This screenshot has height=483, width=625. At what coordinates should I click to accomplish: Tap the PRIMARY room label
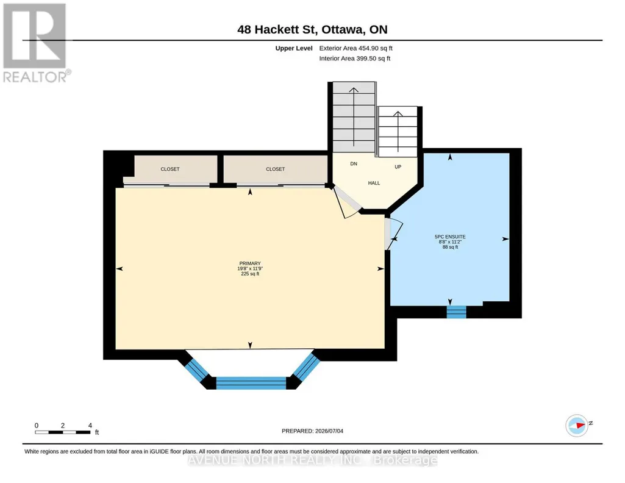(250, 263)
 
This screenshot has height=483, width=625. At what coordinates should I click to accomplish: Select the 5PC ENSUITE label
(450, 237)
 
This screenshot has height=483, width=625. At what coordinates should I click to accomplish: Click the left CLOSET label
(170, 169)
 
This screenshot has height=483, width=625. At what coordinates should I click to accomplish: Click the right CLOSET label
(276, 169)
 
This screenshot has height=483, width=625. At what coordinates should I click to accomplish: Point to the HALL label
(374, 183)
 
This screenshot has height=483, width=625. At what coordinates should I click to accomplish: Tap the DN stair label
(354, 164)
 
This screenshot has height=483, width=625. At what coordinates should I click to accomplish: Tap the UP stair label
(398, 167)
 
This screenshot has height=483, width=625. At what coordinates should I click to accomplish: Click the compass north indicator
(577, 426)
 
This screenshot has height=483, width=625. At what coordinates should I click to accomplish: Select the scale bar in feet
(63, 432)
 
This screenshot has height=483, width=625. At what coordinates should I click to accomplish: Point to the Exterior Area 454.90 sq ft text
(355, 48)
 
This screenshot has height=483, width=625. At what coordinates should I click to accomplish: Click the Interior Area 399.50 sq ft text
(355, 59)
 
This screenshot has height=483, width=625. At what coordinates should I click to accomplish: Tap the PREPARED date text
(312, 431)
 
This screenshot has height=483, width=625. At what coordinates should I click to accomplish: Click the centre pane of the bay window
(251, 383)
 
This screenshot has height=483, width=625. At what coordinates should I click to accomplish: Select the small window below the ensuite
(456, 312)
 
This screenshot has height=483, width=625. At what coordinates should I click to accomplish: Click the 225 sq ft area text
(250, 274)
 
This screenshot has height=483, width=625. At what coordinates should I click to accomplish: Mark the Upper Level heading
(294, 48)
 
